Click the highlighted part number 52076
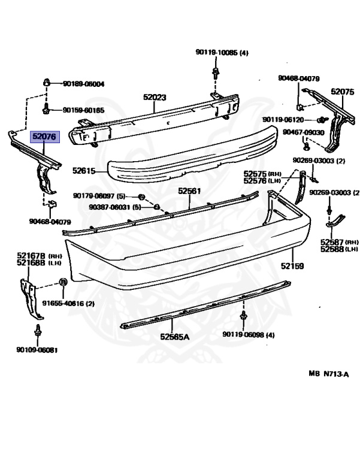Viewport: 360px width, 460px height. pos(45,137)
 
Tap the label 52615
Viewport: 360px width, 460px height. pos(84,170)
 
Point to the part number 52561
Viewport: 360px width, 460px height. pos(189,191)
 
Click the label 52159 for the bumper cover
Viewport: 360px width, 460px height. pos(293,265)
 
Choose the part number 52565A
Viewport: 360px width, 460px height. pos(174,337)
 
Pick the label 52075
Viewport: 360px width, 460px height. pos(343,92)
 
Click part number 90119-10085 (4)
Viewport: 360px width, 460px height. pos(221,53)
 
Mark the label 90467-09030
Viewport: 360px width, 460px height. pos(304,132)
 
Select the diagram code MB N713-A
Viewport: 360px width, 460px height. pos(328,373)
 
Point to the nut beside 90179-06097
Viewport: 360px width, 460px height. pos(141,197)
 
